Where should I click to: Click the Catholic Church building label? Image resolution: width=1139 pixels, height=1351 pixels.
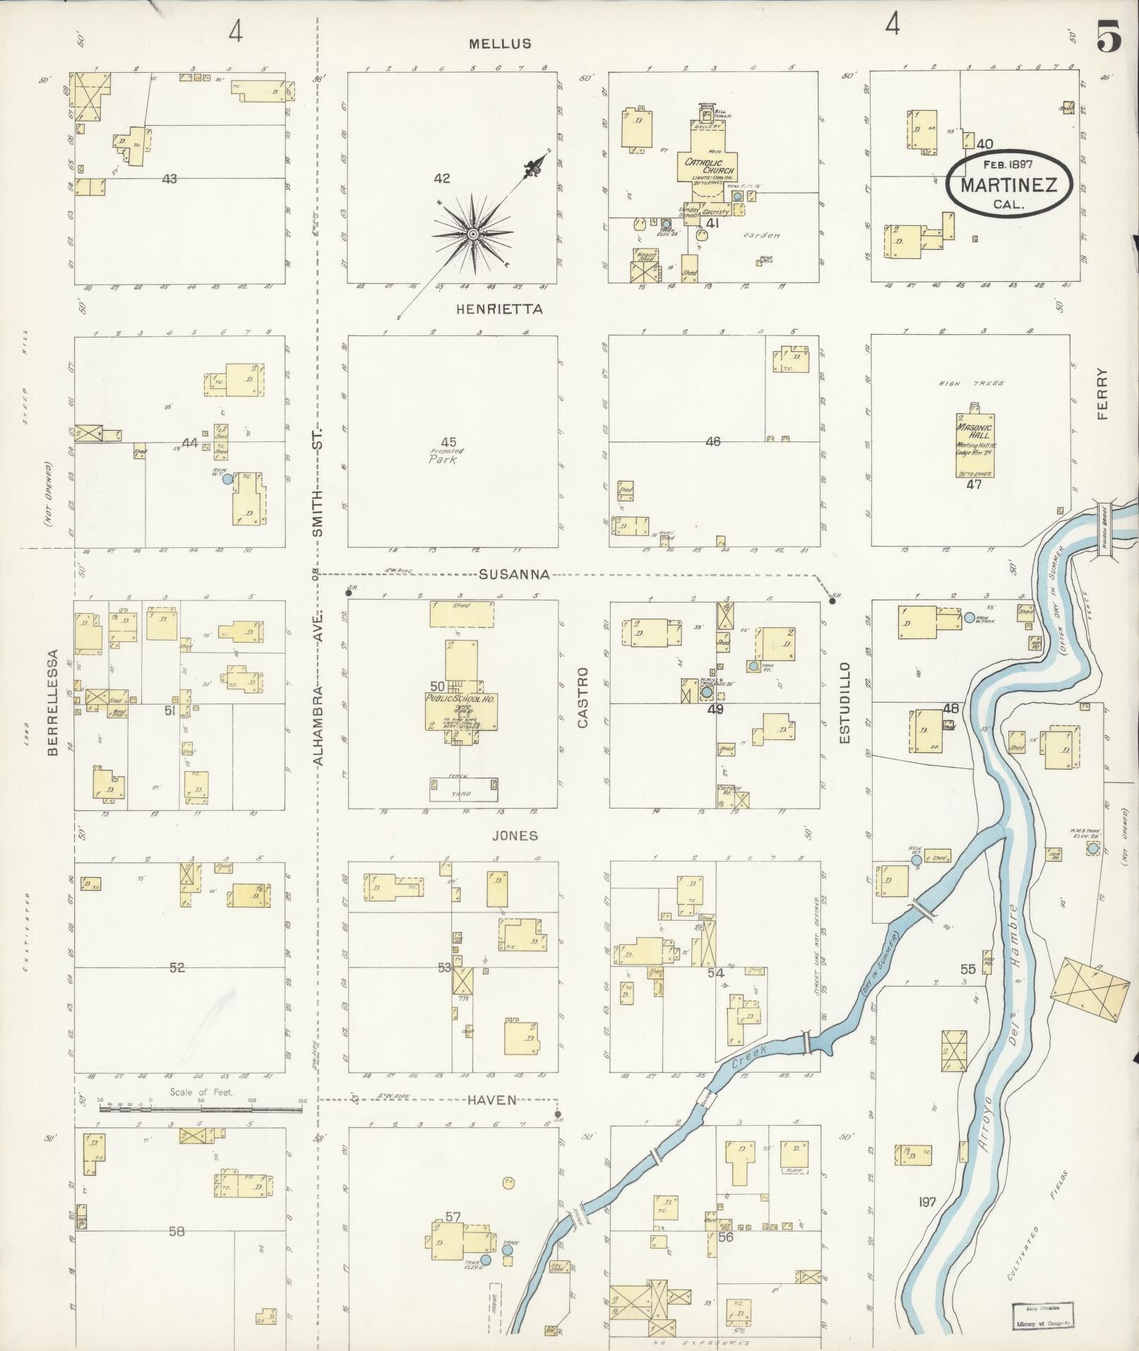pyautogui.click(x=709, y=166)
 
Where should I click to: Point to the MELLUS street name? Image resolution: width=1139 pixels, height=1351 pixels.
pyautogui.click(x=500, y=44)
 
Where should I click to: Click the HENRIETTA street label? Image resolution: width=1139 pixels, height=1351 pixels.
pyautogui.click(x=499, y=309)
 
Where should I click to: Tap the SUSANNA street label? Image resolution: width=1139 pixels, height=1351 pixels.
pyautogui.click(x=513, y=574)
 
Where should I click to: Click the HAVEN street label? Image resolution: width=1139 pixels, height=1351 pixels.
pyautogui.click(x=491, y=1100)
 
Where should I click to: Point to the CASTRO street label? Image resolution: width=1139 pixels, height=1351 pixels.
pyautogui.click(x=583, y=698)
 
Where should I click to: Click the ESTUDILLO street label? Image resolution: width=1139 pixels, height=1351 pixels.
pyautogui.click(x=845, y=703)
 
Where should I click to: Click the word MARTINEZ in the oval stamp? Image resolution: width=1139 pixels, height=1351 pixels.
pyautogui.click(x=1008, y=186)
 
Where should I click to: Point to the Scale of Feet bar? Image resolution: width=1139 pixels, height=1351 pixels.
pyautogui.click(x=201, y=1109)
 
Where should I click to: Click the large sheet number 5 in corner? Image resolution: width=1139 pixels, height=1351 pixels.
pyautogui.click(x=1109, y=37)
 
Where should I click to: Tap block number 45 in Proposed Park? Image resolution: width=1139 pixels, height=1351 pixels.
pyautogui.click(x=448, y=443)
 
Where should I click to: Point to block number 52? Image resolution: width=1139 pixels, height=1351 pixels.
pyautogui.click(x=177, y=968)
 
